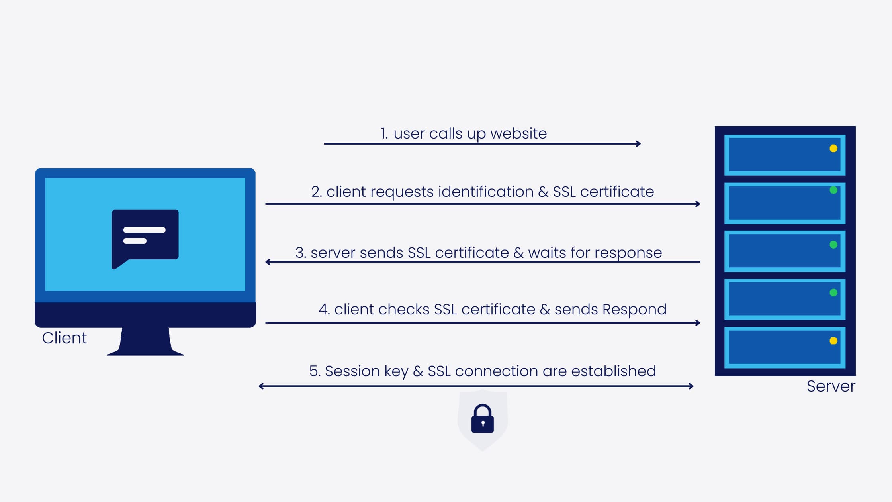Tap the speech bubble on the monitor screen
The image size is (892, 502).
(145, 239)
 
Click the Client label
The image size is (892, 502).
(65, 338)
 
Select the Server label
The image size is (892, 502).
(831, 386)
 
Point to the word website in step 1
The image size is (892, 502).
(518, 133)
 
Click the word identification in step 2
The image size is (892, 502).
(486, 192)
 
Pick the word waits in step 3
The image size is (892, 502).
(547, 253)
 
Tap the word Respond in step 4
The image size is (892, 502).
(634, 310)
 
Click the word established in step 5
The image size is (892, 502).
(614, 371)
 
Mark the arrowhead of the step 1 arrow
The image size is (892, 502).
(639, 144)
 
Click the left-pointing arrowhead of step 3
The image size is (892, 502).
(268, 262)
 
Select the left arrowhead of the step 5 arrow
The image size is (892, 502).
(261, 386)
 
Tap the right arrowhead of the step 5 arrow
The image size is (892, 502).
(691, 386)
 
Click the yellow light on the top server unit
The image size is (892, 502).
(833, 149)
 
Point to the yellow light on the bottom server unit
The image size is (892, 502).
(833, 341)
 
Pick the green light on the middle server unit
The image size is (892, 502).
(833, 245)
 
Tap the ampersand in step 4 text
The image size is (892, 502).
(545, 310)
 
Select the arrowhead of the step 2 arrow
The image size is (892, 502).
(698, 204)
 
